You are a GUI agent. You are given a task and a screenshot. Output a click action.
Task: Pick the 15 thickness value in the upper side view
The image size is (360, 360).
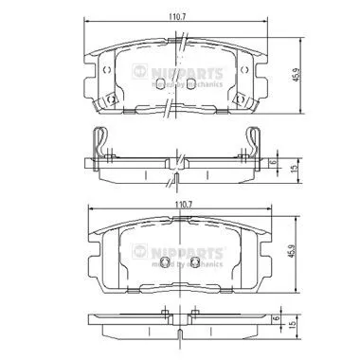click(x=295, y=169)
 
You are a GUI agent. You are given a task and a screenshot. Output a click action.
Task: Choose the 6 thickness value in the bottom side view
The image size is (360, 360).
click(x=274, y=323)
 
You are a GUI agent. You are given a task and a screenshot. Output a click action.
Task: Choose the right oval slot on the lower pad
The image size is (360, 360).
click(x=192, y=265)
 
